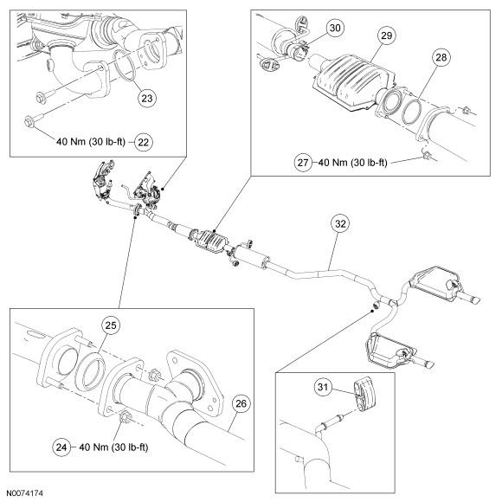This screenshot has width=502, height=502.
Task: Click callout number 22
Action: tap(143, 142)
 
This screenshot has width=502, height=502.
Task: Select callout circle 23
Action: tap(147, 98)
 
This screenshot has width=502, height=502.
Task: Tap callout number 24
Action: tap(61, 447)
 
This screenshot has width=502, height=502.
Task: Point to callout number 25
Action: tap(111, 325)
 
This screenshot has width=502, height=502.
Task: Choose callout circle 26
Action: tap(241, 403)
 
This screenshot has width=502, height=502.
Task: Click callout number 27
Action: tap(303, 163)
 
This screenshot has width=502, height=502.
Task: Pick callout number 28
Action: tap(441, 57)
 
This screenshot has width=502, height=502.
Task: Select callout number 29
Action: tap(386, 35)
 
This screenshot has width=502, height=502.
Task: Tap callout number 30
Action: tap(335, 28)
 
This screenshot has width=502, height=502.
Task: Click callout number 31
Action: tap(323, 387)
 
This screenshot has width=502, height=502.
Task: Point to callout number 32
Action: tap(340, 223)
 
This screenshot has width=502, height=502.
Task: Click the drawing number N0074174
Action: tap(24, 493)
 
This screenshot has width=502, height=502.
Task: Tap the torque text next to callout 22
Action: tap(91, 141)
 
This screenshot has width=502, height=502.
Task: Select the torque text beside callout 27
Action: tap(353, 163)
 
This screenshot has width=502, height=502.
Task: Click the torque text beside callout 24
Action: tap(113, 447)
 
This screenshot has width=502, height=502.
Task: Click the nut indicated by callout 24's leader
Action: tap(125, 417)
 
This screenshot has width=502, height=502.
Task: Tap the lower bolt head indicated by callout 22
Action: tap(29, 122)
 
